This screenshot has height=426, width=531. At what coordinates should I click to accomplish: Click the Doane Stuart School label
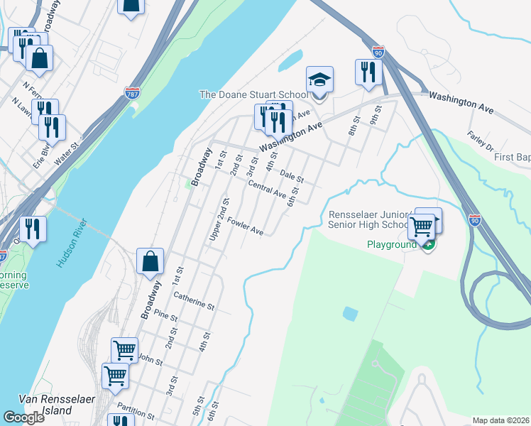pyautogui.click(x=254, y=95)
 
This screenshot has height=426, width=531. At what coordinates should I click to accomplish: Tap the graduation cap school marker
pyautogui.click(x=319, y=82)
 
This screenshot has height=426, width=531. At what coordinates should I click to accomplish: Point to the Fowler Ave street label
pyautogui.click(x=246, y=226)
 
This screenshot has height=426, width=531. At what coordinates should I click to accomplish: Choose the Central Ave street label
pyautogui.click(x=267, y=189)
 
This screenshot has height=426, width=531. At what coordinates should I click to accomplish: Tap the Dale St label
pyautogui.click(x=292, y=174)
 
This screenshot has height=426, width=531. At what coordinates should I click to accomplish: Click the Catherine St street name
pyautogui.click(x=194, y=300)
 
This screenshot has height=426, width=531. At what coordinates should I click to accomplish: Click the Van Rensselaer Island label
pyautogui.click(x=45, y=405)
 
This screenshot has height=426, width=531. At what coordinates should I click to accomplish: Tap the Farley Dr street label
pyautogui.click(x=481, y=141)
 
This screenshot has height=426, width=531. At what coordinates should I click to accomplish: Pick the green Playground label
pyautogui.click(x=391, y=245)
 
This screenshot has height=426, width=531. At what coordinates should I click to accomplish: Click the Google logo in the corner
pyautogui.click(x=23, y=417)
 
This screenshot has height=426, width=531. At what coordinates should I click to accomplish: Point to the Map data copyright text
pyautogui.click(x=501, y=420)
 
